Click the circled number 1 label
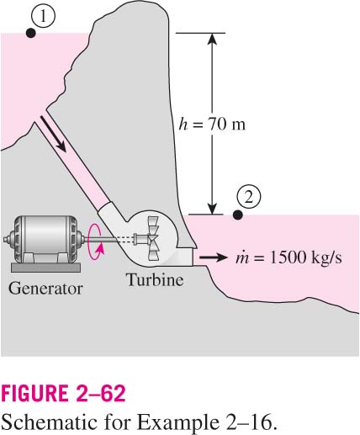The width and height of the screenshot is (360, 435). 43,18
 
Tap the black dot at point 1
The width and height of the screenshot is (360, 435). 30,33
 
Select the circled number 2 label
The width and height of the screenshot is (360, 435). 248,198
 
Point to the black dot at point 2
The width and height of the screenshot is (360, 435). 238,215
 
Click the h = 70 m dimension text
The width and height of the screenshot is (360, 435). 212,125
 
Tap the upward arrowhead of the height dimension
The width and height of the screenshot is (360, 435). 212,39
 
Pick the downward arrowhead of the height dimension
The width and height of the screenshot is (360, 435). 212,209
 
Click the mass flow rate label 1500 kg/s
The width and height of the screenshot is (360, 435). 289,257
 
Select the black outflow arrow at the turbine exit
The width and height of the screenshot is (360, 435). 213,257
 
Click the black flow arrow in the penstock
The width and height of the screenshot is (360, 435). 53,134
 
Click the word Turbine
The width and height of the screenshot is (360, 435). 155,279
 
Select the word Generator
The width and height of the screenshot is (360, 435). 45,289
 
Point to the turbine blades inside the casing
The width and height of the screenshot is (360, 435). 153,238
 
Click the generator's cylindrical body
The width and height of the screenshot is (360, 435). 45,238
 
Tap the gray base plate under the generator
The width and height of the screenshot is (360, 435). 45,268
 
